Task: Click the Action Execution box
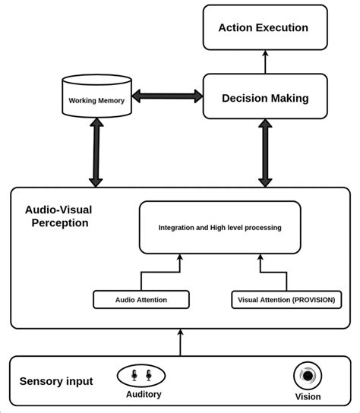(x=265, y=27)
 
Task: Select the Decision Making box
(x=265, y=96)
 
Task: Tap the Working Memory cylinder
(x=96, y=96)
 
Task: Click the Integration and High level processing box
(x=219, y=227)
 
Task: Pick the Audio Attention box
(x=141, y=299)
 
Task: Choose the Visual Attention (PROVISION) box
(x=286, y=299)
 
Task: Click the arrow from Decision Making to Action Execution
(x=265, y=62)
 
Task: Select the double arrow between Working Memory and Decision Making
(x=167, y=96)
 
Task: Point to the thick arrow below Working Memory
(x=96, y=153)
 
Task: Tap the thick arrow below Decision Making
(x=265, y=153)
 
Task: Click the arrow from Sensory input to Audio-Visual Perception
(x=180, y=342)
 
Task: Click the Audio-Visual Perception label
(x=58, y=216)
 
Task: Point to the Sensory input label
(x=56, y=381)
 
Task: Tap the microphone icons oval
(x=141, y=376)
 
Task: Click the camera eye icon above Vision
(x=308, y=376)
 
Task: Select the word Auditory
(x=144, y=394)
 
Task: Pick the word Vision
(x=308, y=396)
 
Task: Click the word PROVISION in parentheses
(x=314, y=300)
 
